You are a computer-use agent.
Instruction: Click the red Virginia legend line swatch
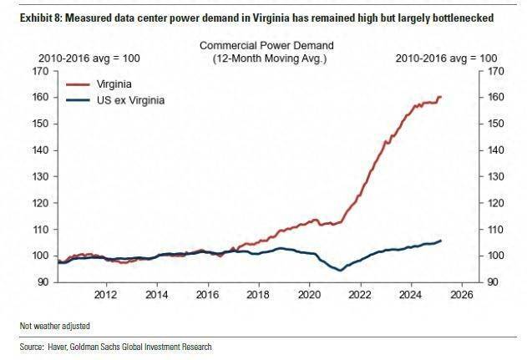coord(78,84)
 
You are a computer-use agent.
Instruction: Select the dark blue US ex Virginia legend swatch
coord(78,100)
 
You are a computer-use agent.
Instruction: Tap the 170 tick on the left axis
coord(41,71)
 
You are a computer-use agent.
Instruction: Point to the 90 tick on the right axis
coord(493,282)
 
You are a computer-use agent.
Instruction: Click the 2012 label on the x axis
coord(106,295)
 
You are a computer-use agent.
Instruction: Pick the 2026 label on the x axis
coord(462,295)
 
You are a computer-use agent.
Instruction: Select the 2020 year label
coord(310,295)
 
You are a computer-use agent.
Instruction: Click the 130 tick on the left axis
coord(41,176)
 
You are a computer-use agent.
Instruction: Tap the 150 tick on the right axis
coord(496,124)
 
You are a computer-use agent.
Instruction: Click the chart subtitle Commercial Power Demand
coord(266,45)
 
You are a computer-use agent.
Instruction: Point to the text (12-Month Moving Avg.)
coord(270,58)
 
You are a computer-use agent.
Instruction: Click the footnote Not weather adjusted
coord(55,326)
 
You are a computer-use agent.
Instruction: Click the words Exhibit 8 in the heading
coord(39,18)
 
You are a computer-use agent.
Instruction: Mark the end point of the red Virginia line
coord(441,97)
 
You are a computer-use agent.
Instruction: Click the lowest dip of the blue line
coord(340,270)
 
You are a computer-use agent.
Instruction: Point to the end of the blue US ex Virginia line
coord(441,241)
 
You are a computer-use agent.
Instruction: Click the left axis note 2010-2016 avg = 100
coord(89,58)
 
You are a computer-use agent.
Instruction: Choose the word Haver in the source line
coord(58,347)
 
